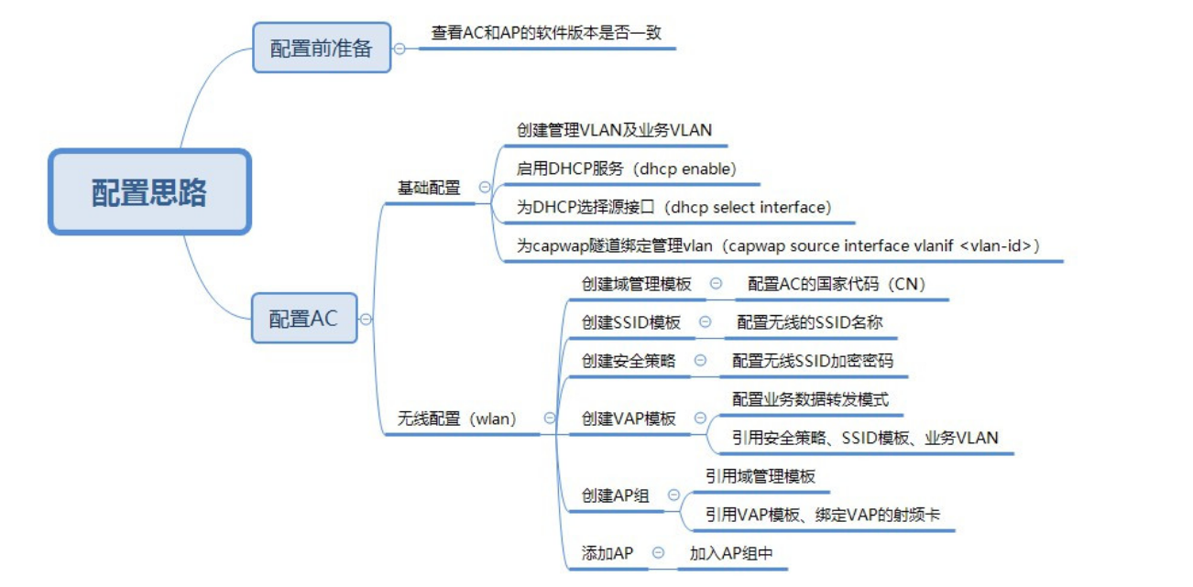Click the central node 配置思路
pyautogui.click(x=149, y=192)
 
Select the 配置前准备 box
pyautogui.click(x=321, y=48)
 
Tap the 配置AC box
pyautogui.click(x=303, y=319)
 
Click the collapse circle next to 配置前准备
pyautogui.click(x=399, y=49)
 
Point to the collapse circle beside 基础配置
pyautogui.click(x=485, y=187)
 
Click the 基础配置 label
pyautogui.click(x=429, y=188)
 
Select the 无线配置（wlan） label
pyautogui.click(x=457, y=419)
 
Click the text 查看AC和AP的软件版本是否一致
pyautogui.click(x=546, y=32)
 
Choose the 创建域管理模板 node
pyautogui.click(x=637, y=284)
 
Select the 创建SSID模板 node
pyautogui.click(x=631, y=322)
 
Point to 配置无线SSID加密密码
pyautogui.click(x=812, y=360)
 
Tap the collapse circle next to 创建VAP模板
pyautogui.click(x=701, y=419)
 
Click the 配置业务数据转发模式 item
pyautogui.click(x=810, y=399)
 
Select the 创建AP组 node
pyautogui.click(x=616, y=495)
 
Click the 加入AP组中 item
pyautogui.click(x=731, y=553)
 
